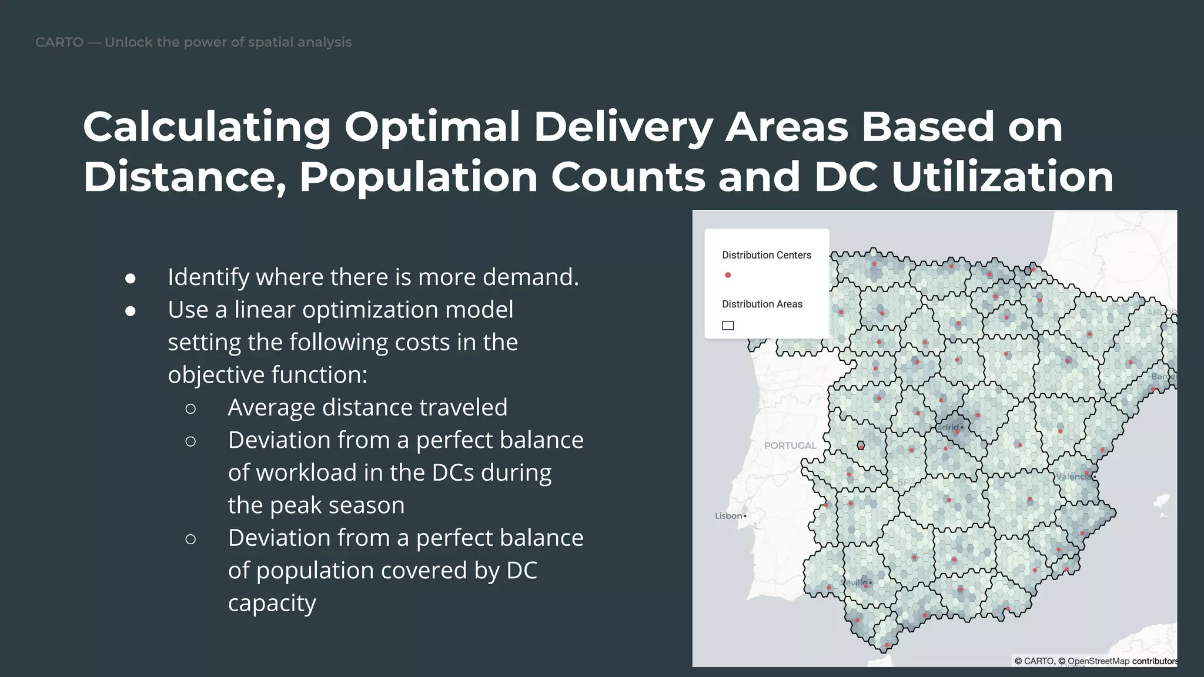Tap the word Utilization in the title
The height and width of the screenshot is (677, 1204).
tap(1002, 177)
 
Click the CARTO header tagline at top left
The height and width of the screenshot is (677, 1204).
tap(193, 42)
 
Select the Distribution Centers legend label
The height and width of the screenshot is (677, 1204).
tap(766, 255)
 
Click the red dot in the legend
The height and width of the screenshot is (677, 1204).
tap(728, 275)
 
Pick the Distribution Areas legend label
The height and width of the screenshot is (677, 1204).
tap(762, 304)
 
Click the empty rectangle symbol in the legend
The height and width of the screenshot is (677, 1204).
tap(728, 326)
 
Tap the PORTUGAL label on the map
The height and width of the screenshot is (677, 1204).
tap(790, 445)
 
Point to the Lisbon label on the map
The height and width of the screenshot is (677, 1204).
tap(728, 516)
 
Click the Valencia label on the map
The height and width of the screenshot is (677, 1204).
tap(1073, 477)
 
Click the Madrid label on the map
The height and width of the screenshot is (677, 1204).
tap(948, 427)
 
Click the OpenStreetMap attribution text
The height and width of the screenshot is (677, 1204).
tap(1098, 661)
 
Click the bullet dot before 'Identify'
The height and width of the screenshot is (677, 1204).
tap(131, 279)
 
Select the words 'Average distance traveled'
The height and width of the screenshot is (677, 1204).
tap(367, 407)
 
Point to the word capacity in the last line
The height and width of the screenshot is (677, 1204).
tap(272, 603)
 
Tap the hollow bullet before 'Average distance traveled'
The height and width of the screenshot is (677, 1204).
tap(190, 408)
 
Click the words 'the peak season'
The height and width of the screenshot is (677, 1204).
tap(316, 505)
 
